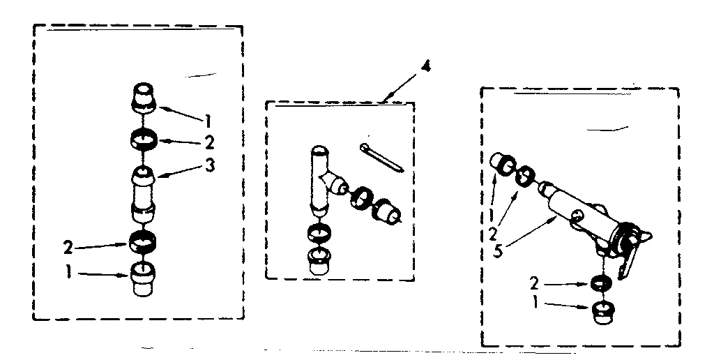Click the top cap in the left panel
(x=143, y=96)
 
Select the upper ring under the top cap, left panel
(x=144, y=139)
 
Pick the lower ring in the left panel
(x=143, y=241)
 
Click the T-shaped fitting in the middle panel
(x=321, y=181)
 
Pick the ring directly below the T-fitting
(x=317, y=235)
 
